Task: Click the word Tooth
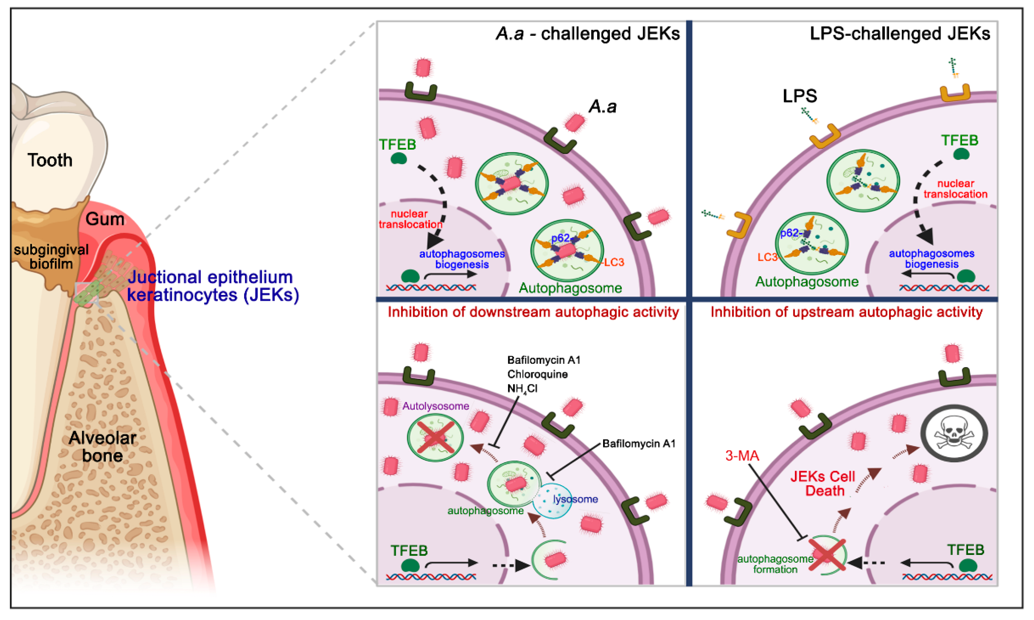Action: [x=50, y=160]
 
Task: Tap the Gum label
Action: [x=105, y=219]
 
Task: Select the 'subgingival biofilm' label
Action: [x=51, y=257]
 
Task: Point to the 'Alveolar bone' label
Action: [x=102, y=447]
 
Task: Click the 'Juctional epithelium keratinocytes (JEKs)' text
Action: [x=213, y=286]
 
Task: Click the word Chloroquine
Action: [x=537, y=374]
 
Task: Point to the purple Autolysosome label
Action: [x=435, y=406]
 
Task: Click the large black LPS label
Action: [x=799, y=96]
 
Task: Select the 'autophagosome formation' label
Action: [x=775, y=564]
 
